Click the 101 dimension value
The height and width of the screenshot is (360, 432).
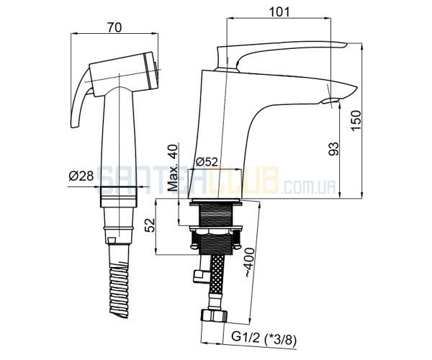pyautogui.click(x=279, y=12)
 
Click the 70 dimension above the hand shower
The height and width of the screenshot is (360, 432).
pyautogui.click(x=114, y=27)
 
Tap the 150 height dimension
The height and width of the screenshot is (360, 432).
pyautogui.click(x=356, y=121)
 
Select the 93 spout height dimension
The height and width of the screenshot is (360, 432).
pyautogui.click(x=334, y=149)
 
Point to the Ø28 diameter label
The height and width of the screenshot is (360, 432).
pyautogui.click(x=81, y=176)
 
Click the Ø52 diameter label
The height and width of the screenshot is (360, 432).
pyautogui.click(x=207, y=162)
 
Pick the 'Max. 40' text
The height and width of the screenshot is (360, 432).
pyautogui.click(x=173, y=168)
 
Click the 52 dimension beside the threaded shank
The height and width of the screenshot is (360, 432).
pyautogui.click(x=150, y=225)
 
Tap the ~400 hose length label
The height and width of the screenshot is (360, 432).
pyautogui.click(x=250, y=263)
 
